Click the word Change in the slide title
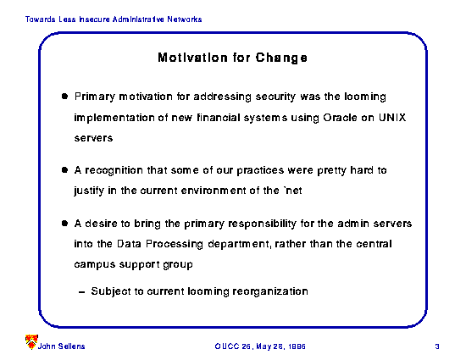(x=281, y=58)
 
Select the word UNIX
(x=392, y=118)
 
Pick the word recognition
(x=114, y=170)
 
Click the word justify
(x=89, y=191)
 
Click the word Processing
(x=175, y=245)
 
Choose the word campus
(x=95, y=265)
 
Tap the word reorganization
(x=270, y=291)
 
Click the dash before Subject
(x=81, y=292)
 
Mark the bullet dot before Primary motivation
(x=64, y=96)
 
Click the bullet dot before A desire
(x=64, y=223)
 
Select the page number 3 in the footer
(x=437, y=346)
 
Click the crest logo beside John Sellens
(x=31, y=342)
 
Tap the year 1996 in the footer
(x=297, y=346)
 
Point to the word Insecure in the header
(x=94, y=19)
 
